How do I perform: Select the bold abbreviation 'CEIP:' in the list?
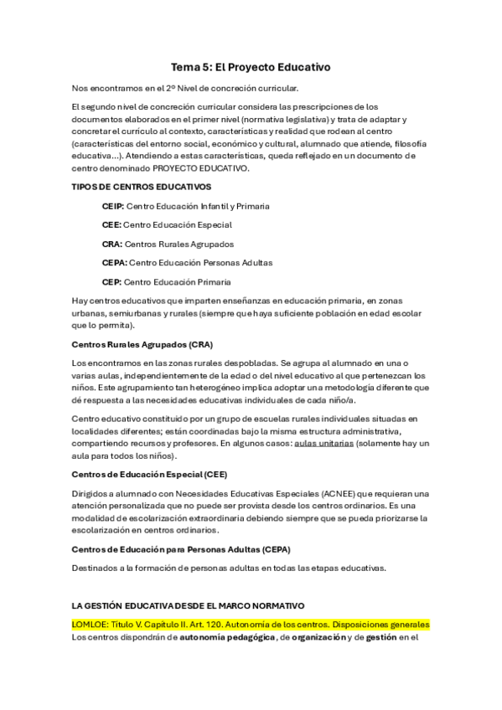click(x=115, y=206)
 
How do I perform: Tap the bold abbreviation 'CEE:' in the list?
click(x=111, y=224)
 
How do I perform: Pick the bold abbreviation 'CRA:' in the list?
click(x=112, y=244)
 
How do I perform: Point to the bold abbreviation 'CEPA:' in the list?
click(x=115, y=263)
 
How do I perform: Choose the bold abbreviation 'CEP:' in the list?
click(x=111, y=281)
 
